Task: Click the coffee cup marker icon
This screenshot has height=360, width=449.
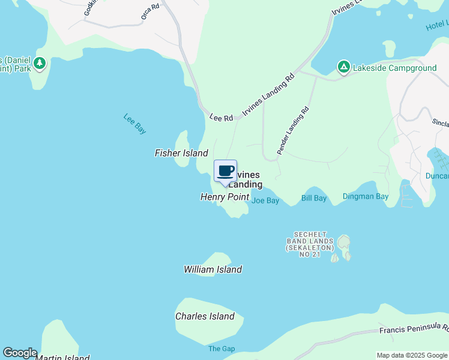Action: (225, 172)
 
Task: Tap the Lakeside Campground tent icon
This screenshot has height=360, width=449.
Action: (343, 67)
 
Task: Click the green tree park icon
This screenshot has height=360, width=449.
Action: (40, 62)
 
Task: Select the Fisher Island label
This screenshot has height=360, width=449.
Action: (181, 153)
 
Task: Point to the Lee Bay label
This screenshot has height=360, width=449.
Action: (135, 124)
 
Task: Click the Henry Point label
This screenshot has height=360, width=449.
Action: (224, 197)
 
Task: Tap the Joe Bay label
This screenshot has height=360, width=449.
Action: (265, 200)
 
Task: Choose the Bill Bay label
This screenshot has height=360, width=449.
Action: (314, 198)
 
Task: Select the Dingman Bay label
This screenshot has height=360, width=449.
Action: (366, 196)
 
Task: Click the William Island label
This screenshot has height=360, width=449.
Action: (212, 269)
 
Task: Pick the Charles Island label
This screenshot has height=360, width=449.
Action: (205, 316)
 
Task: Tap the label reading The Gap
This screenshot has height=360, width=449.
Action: (221, 349)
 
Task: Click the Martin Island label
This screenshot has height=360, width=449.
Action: (62, 358)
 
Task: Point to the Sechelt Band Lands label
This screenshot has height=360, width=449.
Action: (310, 244)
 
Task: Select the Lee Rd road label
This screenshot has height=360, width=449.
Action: (221, 118)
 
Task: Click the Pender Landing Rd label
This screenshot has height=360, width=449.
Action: (293, 131)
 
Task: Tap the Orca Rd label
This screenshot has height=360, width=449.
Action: (149, 11)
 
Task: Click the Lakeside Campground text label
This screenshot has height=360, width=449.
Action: (394, 68)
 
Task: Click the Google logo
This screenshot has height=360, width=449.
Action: (20, 353)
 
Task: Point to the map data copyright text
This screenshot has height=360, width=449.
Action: (412, 355)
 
